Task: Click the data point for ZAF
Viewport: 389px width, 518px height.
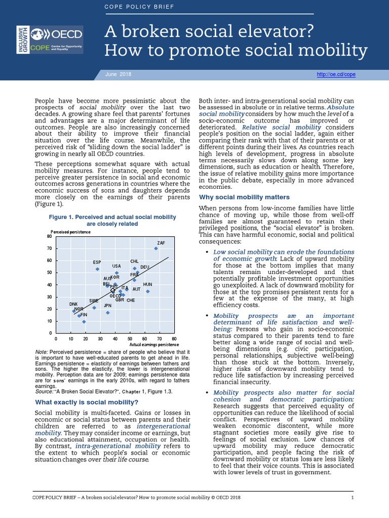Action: point(156,248)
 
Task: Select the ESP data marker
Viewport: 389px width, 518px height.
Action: point(97,269)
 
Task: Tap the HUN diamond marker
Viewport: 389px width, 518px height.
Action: point(147,291)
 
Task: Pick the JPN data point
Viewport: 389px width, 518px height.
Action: point(107,313)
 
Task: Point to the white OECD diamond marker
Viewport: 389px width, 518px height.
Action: point(112,290)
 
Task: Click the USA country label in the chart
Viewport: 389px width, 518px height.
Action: point(116,266)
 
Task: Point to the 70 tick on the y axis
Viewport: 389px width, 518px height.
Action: point(49,248)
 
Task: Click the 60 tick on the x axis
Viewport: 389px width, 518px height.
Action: point(144,338)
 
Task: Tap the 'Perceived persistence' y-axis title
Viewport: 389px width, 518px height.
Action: point(70,232)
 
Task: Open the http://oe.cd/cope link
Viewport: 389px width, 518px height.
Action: point(336,74)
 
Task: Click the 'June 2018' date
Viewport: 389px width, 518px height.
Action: point(118,74)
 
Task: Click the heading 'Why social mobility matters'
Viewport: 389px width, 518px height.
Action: point(245,197)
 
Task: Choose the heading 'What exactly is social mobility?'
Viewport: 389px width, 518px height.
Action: point(86,402)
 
